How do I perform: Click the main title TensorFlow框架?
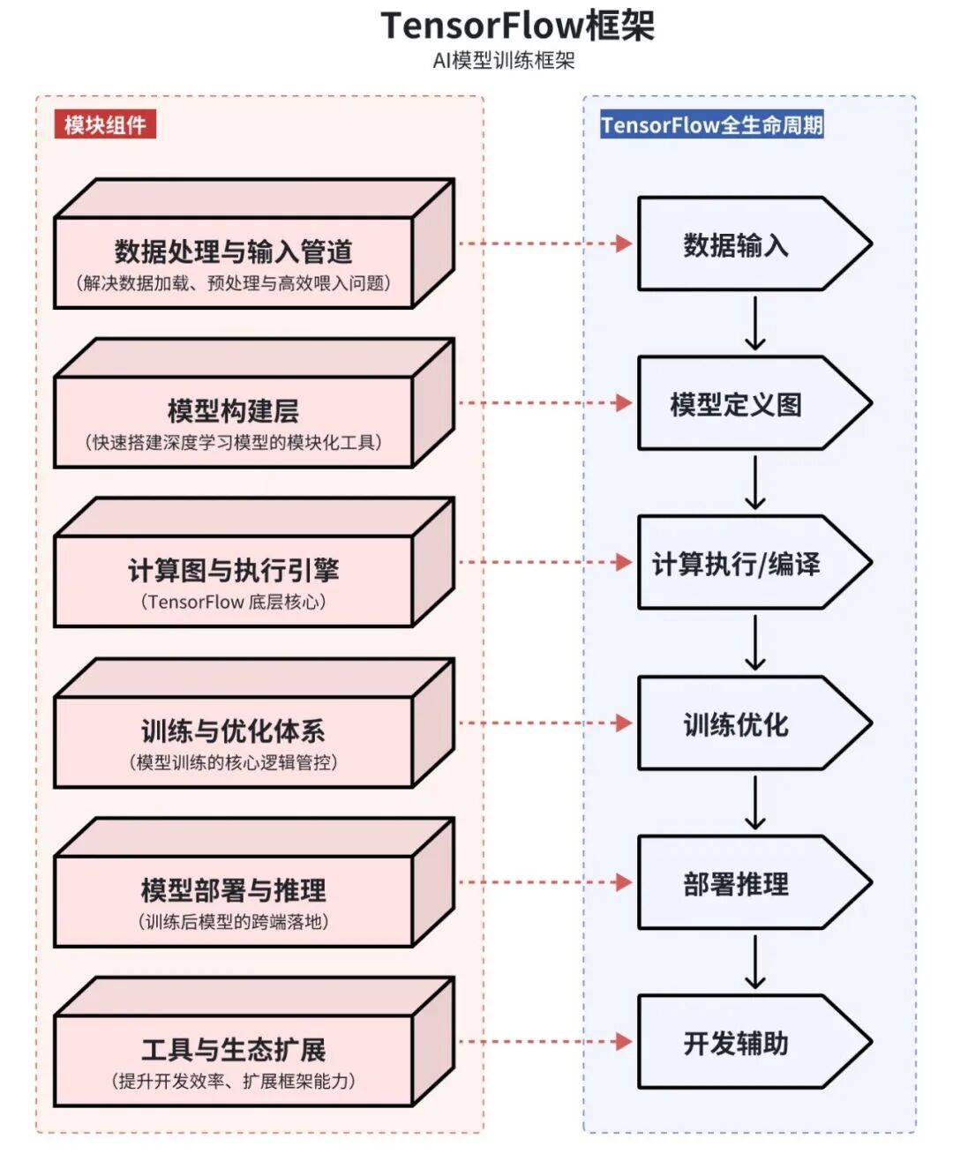pos(517,26)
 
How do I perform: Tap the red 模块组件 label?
pos(105,125)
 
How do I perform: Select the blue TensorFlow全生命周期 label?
pos(711,125)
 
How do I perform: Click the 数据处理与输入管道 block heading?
pos(233,252)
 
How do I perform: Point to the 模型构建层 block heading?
pos(233,411)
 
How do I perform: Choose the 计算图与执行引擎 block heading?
pos(233,571)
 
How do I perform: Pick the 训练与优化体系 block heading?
pos(233,731)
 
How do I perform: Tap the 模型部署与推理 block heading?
pos(233,890)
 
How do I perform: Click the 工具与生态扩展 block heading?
pos(233,1050)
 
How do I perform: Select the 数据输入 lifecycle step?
pos(736,245)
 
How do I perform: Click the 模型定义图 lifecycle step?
pos(736,405)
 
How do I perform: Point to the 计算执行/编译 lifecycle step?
pos(736,564)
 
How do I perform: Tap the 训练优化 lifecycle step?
pos(736,724)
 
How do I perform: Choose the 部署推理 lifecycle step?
pos(736,884)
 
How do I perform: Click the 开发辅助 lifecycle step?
pos(736,1044)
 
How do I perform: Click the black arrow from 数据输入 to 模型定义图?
pos(755,324)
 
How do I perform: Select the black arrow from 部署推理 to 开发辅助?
pos(755,963)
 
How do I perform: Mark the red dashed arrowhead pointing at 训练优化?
pos(623,723)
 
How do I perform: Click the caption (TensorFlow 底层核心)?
pos(233,602)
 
